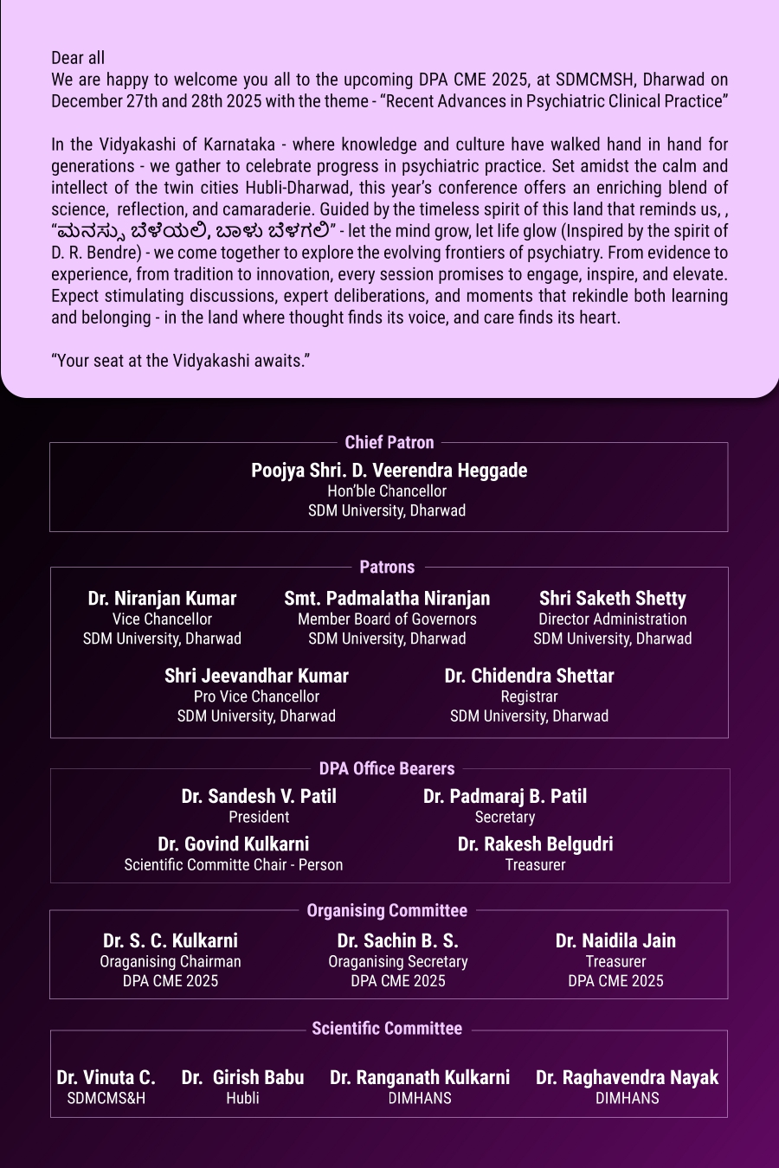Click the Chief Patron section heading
(x=389, y=442)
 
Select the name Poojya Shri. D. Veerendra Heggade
(x=389, y=471)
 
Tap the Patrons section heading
(x=387, y=568)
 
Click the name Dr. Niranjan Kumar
(x=162, y=599)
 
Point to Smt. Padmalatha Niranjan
(x=387, y=599)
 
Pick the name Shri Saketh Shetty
(x=612, y=599)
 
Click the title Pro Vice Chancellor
(x=256, y=696)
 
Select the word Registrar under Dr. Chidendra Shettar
(x=529, y=696)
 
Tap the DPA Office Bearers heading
(x=386, y=769)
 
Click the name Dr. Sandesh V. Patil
(x=259, y=797)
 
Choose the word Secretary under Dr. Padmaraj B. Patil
(x=505, y=818)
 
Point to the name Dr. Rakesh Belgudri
(x=535, y=844)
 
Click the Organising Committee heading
(x=387, y=911)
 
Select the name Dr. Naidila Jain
(x=615, y=941)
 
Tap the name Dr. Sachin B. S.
(x=397, y=941)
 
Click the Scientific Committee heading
(x=387, y=1029)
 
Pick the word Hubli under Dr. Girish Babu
(x=242, y=1099)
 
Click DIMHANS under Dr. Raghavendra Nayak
(x=627, y=1099)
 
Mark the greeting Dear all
(x=78, y=58)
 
